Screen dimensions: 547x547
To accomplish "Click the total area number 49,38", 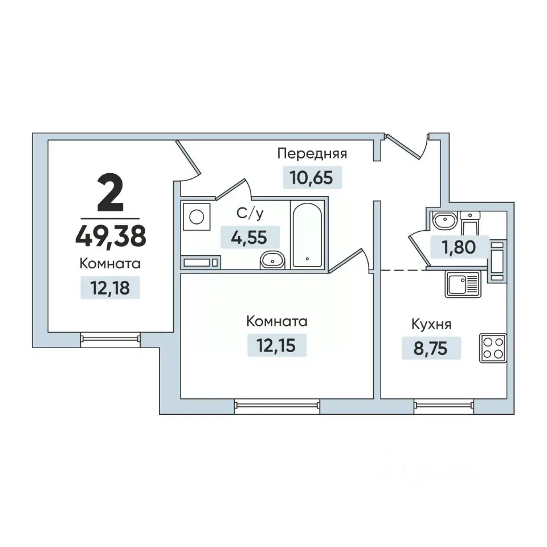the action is tap(111, 236).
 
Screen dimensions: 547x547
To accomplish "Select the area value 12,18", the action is tap(110, 288).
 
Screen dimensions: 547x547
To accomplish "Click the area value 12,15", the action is tap(276, 345).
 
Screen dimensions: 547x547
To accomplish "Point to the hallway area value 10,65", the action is tap(312, 177).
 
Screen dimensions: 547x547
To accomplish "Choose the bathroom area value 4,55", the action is tap(250, 238).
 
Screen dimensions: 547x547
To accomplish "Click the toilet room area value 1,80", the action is tap(459, 247).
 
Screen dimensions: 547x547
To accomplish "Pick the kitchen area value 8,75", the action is tap(431, 348).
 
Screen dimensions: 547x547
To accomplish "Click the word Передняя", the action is tap(312, 153).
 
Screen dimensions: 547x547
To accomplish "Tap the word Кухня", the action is tap(431, 324).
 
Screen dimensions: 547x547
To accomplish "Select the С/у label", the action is tap(250, 214).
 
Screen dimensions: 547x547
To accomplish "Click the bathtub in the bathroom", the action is tap(307, 235).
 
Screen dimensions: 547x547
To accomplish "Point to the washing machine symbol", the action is tap(197, 217).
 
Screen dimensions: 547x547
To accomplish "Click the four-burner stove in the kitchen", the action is tap(493, 348).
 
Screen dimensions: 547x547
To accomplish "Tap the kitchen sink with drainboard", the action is tap(463, 284).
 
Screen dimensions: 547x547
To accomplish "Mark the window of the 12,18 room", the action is tap(110, 338).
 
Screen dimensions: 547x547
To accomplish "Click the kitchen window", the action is tap(444, 405).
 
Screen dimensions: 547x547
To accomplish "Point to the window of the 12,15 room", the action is tap(277, 405).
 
